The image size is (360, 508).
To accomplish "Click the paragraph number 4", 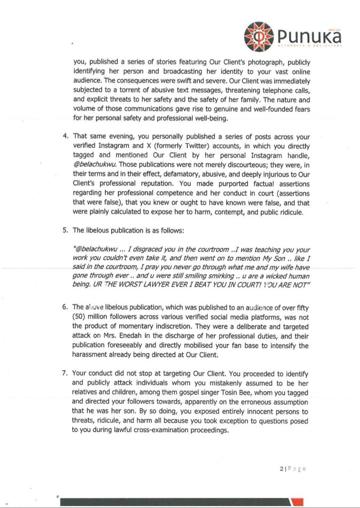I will (x=65, y=136).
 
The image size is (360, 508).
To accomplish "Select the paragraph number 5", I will (x=65, y=230).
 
